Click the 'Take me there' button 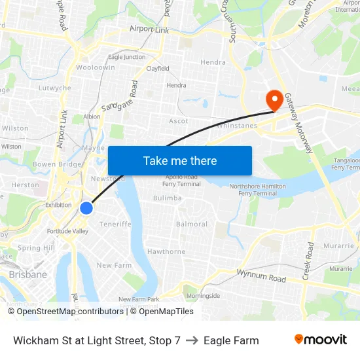[179, 160]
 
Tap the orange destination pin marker [274, 100]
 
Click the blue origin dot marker [86, 208]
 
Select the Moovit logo [320, 340]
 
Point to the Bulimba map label [168, 198]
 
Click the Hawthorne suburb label [166, 251]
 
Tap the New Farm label [114, 265]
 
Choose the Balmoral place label [192, 224]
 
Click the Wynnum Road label [261, 276]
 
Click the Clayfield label [158, 68]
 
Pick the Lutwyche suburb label [54, 88]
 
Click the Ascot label [178, 121]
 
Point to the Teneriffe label [115, 224]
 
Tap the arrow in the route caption [192, 340]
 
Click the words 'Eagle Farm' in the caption [231, 340]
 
